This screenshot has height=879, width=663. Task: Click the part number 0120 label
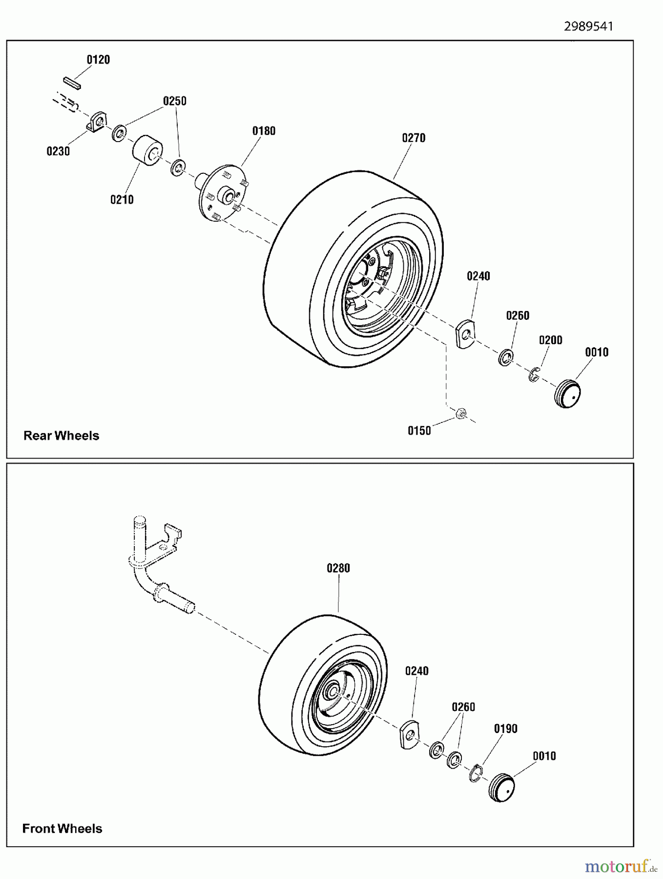click(x=98, y=60)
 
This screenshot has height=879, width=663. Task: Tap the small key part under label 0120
click(x=72, y=82)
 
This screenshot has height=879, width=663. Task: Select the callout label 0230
click(x=58, y=151)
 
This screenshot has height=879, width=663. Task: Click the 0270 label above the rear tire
click(x=414, y=138)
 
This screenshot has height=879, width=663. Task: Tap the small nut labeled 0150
click(x=459, y=414)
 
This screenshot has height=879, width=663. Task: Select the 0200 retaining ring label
click(x=550, y=340)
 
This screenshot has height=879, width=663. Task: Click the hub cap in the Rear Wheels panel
click(x=567, y=393)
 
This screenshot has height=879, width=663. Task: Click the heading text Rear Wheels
click(x=61, y=436)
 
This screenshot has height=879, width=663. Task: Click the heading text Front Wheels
click(x=62, y=828)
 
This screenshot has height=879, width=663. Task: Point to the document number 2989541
click(x=588, y=26)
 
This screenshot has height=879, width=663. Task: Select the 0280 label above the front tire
click(x=338, y=568)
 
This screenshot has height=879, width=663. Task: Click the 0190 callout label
click(x=505, y=729)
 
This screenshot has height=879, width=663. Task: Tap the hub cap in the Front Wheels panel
click(x=502, y=787)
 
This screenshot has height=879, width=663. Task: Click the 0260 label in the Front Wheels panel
click(x=463, y=707)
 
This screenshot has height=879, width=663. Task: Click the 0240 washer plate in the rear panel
click(x=465, y=334)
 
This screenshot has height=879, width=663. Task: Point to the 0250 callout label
click(x=174, y=101)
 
